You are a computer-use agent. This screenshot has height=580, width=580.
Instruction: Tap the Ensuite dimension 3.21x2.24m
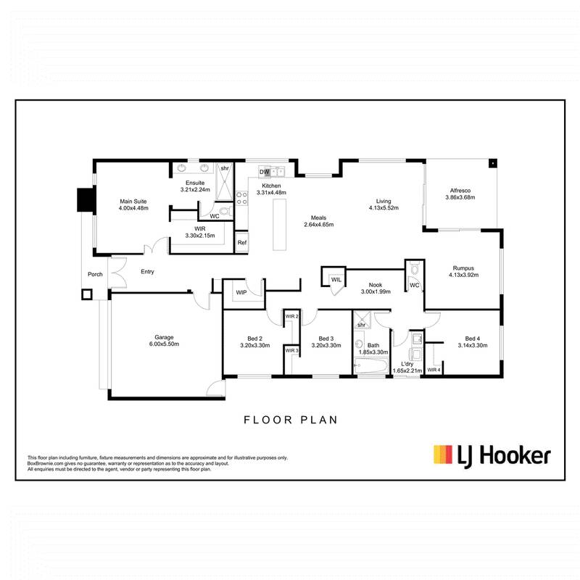(x=194, y=189)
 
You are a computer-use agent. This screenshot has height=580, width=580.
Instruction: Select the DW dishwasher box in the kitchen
(x=265, y=172)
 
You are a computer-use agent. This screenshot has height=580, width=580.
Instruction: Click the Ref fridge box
(x=242, y=243)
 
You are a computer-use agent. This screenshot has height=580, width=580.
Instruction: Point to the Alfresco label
(x=461, y=191)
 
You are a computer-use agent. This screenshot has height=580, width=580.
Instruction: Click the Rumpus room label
(x=462, y=267)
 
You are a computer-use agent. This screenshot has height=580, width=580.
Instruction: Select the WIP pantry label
(x=241, y=293)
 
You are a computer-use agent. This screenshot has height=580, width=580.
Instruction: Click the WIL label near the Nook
(x=336, y=279)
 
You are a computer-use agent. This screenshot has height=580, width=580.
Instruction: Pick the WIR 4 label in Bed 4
(x=434, y=370)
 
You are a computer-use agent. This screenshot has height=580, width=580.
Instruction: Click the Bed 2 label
(x=254, y=338)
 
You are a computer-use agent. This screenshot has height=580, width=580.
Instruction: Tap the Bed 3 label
(x=326, y=338)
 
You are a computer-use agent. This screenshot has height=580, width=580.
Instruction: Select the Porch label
(x=94, y=275)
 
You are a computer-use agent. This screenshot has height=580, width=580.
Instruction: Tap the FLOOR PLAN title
(x=290, y=419)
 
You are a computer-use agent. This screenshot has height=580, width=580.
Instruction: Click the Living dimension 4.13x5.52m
(x=384, y=208)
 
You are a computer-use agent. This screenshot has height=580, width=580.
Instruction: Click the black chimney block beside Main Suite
(x=86, y=199)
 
